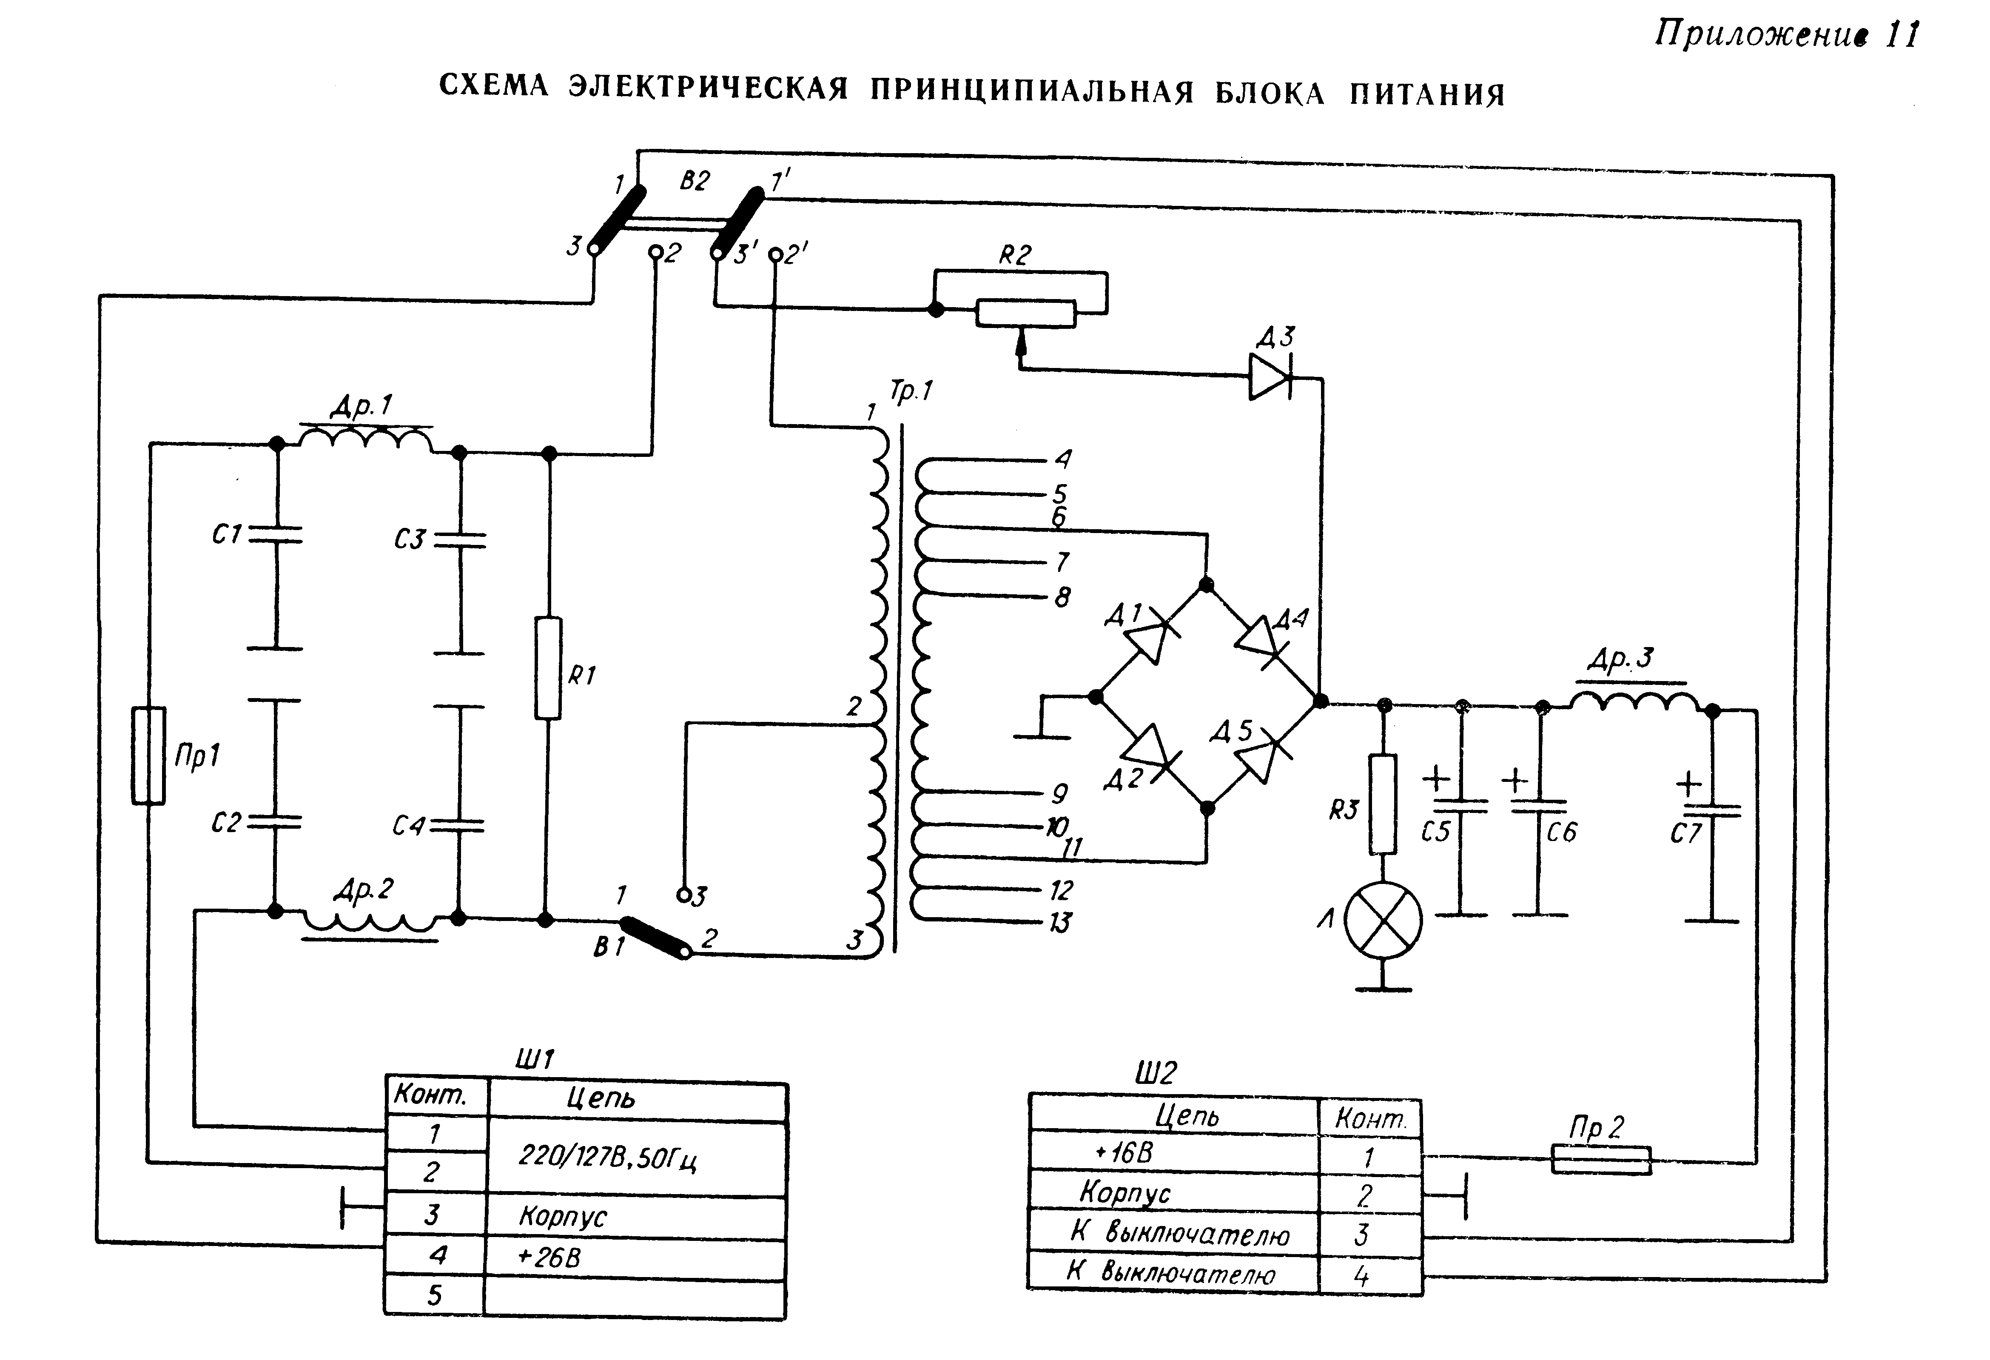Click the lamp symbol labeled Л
1383,921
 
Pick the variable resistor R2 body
1025,314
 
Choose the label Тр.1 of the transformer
910,391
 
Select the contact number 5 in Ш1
435,1295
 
